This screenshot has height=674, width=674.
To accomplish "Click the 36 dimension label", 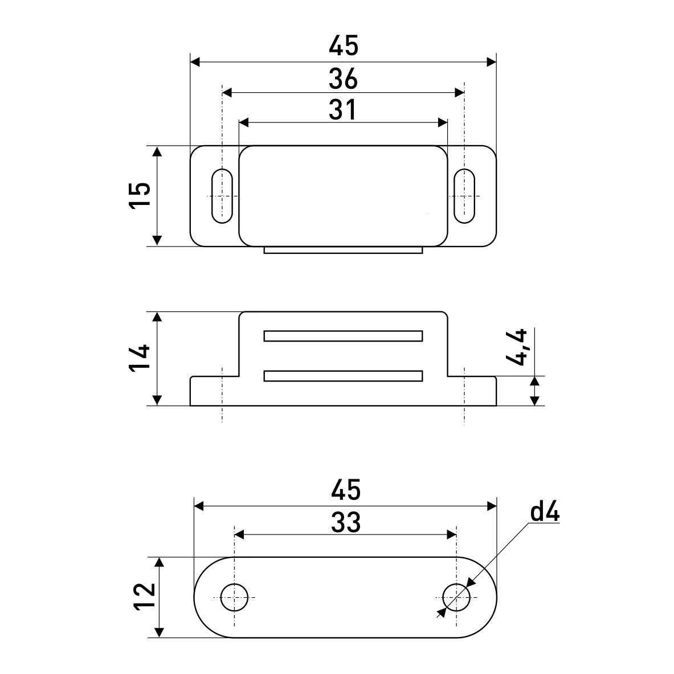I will pos(343,79).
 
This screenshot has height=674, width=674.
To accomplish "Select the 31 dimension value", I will pos(343,110).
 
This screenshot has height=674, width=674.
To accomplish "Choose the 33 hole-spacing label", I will pos(346,522).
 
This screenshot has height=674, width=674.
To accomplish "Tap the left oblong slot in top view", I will pos(222,195).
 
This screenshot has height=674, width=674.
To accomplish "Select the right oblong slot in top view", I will pos(464,195).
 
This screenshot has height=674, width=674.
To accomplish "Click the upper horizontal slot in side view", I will pos(343,336).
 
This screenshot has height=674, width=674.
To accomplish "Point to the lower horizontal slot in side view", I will pos(343,376).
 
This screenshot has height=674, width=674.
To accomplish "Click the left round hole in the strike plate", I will pos(234,597).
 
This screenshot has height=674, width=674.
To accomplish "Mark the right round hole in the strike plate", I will pos(456,597).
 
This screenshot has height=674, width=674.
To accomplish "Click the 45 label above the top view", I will pos(344,46).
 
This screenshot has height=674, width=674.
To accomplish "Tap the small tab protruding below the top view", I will pos(343,250).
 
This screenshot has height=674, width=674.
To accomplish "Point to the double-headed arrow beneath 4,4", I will pos(534,391).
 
